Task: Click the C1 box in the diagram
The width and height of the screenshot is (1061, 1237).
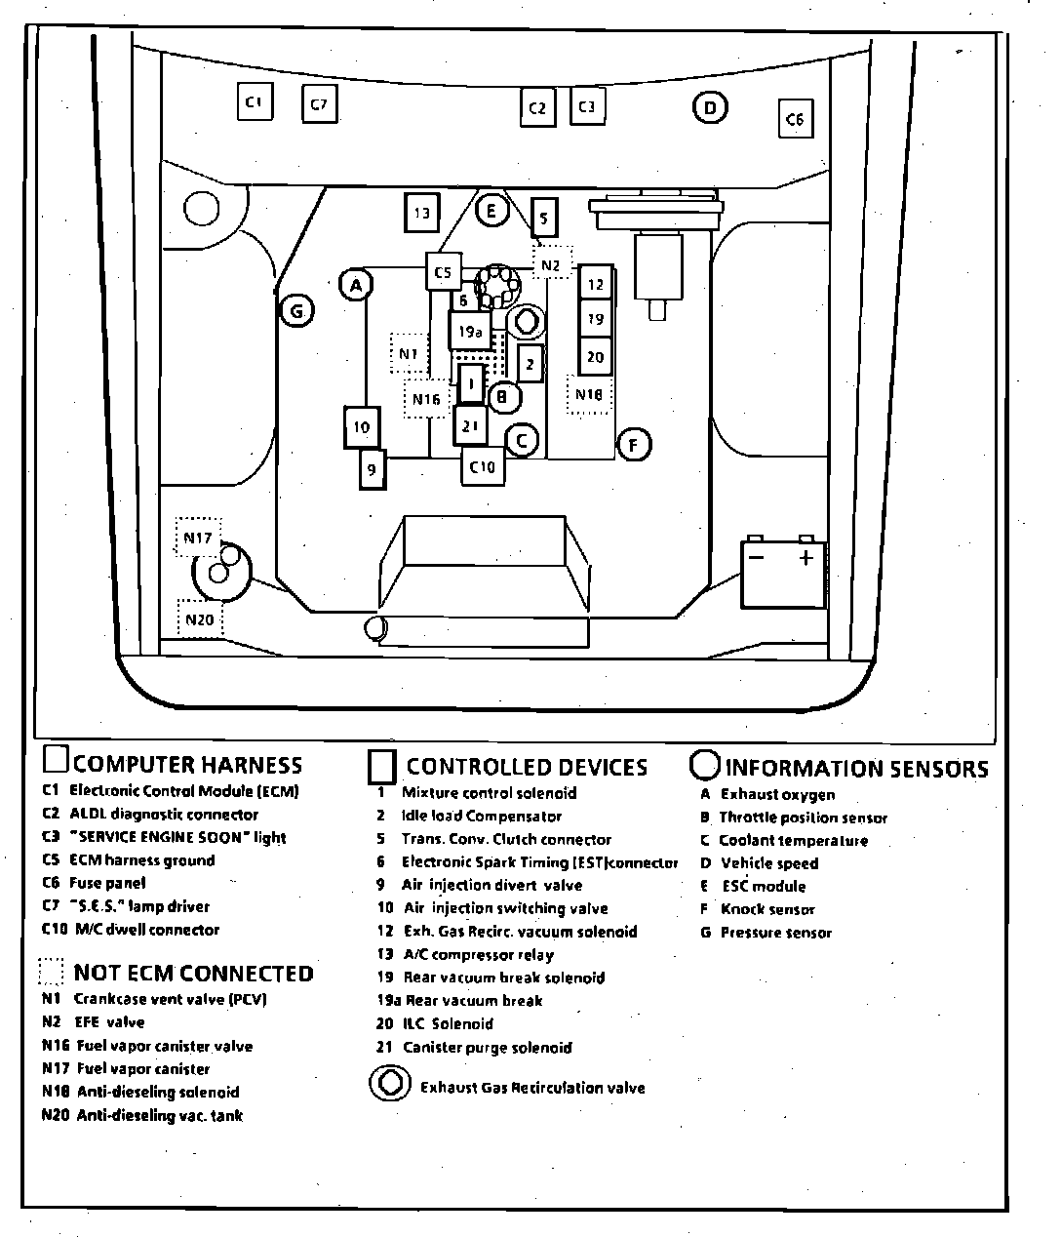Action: [x=255, y=101]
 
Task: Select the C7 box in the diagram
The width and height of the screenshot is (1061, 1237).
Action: [x=319, y=103]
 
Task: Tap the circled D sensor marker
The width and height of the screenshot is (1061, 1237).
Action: [x=710, y=108]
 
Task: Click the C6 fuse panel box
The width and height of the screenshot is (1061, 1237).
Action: [x=795, y=119]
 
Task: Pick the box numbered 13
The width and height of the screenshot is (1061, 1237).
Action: [x=421, y=214]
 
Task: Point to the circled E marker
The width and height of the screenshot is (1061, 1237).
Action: [x=492, y=210]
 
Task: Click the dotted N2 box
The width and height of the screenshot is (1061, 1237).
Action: [x=551, y=263]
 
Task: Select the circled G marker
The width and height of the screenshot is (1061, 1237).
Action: [x=296, y=311]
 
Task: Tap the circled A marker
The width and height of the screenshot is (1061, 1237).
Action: [x=357, y=285]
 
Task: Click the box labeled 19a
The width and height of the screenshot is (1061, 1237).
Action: [x=470, y=332]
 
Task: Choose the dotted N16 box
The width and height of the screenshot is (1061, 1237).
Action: [x=426, y=398]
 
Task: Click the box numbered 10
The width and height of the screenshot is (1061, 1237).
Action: [x=362, y=427]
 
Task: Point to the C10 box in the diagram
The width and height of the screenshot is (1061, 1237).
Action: [x=483, y=466]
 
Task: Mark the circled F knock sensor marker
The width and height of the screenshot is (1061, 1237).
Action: [x=634, y=446]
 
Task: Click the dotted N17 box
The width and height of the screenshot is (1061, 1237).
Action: [x=197, y=538]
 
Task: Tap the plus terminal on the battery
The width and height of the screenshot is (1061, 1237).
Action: [x=806, y=558]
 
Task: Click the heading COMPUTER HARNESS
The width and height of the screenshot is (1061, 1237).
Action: [x=187, y=765]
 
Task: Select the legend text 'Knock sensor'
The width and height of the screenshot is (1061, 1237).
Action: [x=767, y=909]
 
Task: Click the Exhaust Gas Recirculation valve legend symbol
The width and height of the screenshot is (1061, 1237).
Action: [x=389, y=1085]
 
